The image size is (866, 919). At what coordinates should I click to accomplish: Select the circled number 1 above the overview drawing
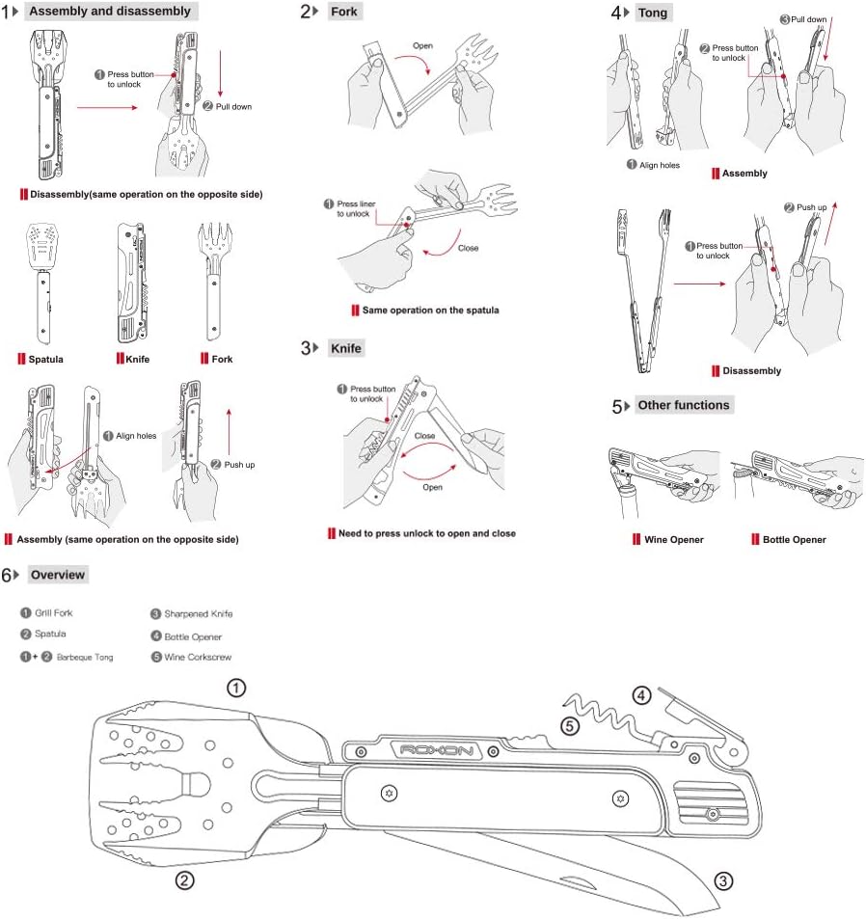pyautogui.click(x=236, y=688)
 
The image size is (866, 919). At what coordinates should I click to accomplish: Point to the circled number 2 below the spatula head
pyautogui.click(x=185, y=879)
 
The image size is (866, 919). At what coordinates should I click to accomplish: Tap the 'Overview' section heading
pyautogui.click(x=57, y=575)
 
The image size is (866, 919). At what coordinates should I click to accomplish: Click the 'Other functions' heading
pyautogui.click(x=683, y=405)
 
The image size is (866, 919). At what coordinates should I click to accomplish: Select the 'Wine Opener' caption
pyautogui.click(x=673, y=540)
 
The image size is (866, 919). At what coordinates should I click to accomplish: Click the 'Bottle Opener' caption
pyautogui.click(x=794, y=540)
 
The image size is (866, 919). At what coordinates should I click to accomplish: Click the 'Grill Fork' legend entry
pyautogui.click(x=54, y=613)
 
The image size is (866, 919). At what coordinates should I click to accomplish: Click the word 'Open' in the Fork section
pyautogui.click(x=422, y=45)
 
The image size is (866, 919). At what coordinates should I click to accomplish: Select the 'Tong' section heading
pyautogui.click(x=652, y=13)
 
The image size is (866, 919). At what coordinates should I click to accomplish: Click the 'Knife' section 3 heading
pyautogui.click(x=346, y=347)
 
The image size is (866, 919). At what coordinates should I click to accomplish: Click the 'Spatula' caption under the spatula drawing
pyautogui.click(x=45, y=360)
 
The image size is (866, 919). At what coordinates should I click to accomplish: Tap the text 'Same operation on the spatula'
pyautogui.click(x=430, y=311)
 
